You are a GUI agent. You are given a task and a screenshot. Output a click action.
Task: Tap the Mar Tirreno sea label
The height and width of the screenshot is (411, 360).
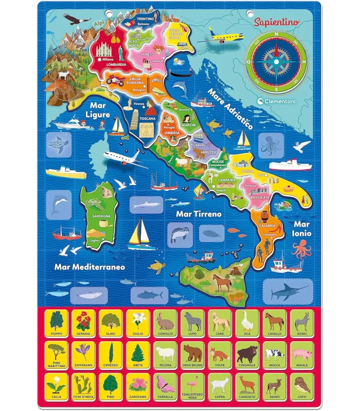pos(199,213)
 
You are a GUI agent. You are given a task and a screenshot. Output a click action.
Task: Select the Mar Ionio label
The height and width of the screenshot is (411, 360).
pos(302,228)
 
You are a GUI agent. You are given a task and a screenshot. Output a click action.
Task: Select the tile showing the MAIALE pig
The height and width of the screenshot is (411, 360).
pos(301,354)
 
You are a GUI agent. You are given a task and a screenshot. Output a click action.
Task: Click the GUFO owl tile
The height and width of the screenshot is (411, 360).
pos(301,386)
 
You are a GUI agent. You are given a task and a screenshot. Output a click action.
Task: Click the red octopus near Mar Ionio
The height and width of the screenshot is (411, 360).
pos(301,249)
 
